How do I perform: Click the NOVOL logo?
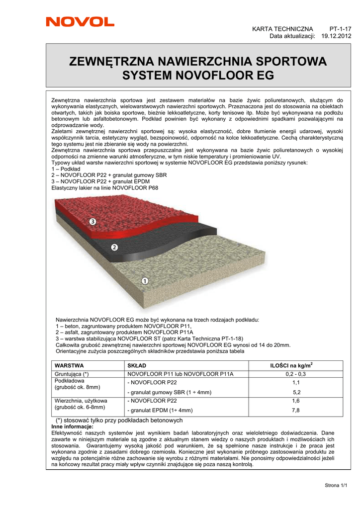(80, 21)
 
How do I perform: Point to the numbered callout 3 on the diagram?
(92, 221)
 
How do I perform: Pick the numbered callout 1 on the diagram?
(145, 281)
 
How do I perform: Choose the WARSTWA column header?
(69, 365)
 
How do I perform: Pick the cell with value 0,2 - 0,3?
(296, 374)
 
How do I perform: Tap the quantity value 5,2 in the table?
(296, 392)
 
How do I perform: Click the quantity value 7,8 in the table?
(296, 411)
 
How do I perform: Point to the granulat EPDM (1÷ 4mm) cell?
(160, 411)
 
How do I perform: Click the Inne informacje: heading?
(73, 426)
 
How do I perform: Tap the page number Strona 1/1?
(336, 485)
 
